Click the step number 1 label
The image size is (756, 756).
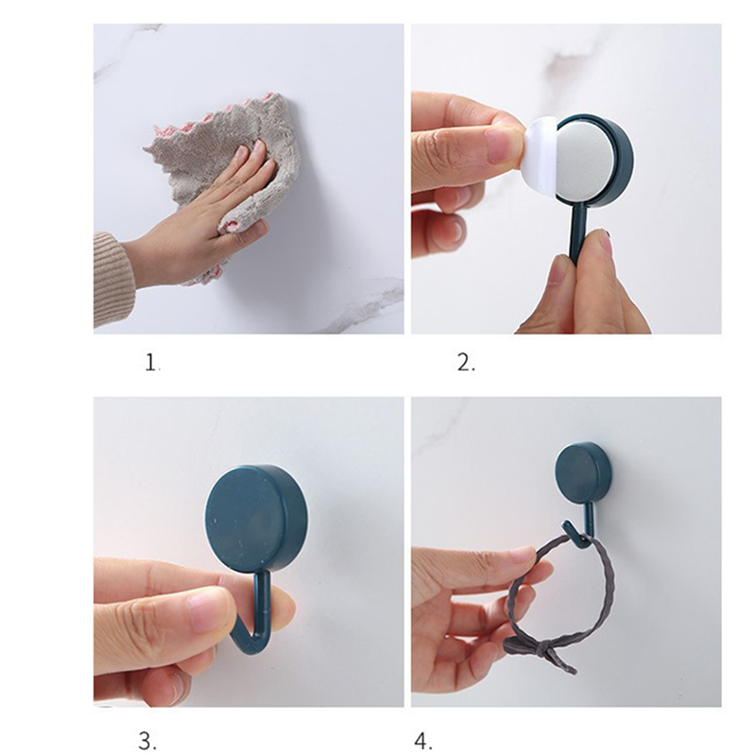pyautogui.click(x=151, y=362)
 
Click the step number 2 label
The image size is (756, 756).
pyautogui.click(x=466, y=362)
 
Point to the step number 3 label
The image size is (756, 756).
pyautogui.click(x=147, y=741)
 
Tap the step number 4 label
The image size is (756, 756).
pyautogui.click(x=423, y=741)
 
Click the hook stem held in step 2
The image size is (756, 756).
pyautogui.click(x=576, y=232)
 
